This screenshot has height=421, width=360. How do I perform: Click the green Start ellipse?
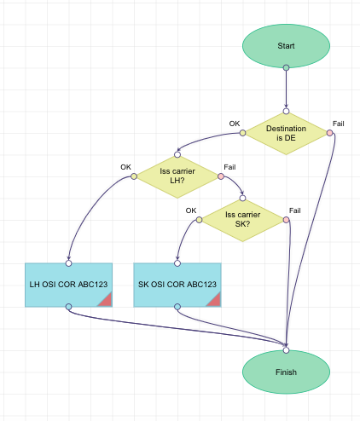(x=286, y=44)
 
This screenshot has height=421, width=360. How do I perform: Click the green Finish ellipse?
(x=286, y=372)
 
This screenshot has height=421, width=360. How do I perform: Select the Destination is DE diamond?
(x=286, y=133)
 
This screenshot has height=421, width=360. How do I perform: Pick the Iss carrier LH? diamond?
(x=177, y=176)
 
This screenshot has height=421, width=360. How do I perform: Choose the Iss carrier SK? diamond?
(x=242, y=220)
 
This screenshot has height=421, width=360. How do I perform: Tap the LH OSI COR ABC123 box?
(x=69, y=284)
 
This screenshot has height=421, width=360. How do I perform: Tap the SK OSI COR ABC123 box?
(x=177, y=284)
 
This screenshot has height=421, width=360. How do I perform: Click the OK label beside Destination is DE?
(x=235, y=124)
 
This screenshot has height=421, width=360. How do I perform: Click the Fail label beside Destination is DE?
(x=339, y=124)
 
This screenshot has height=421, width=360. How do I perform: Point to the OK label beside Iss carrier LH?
(x=126, y=167)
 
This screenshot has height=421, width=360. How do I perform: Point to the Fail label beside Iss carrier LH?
(x=229, y=167)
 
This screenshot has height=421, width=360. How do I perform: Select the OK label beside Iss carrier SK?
(x=191, y=210)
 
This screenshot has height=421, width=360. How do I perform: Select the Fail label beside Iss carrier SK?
(x=295, y=210)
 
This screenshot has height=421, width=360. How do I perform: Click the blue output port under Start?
(x=286, y=66)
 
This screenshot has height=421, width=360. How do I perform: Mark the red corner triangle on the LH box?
(x=106, y=299)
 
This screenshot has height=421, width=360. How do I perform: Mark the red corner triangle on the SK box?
(x=214, y=299)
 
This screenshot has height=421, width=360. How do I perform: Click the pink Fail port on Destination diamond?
(x=329, y=133)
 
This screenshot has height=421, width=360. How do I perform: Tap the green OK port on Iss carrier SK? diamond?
(x=199, y=220)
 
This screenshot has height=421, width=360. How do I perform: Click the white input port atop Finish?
(x=286, y=349)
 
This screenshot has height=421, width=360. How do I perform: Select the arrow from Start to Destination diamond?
(x=286, y=89)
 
